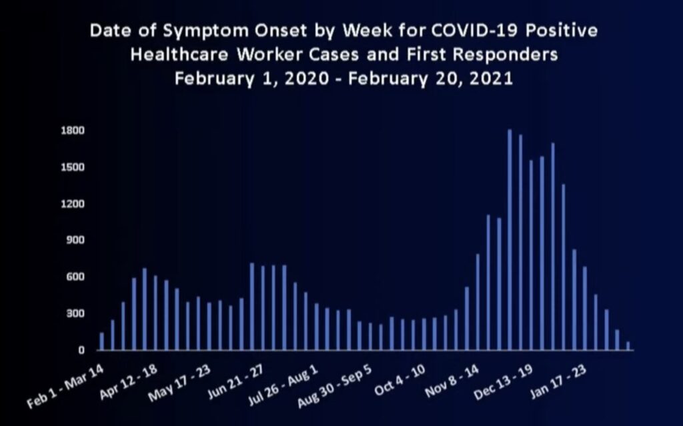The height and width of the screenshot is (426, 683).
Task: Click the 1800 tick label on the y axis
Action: pos(73,131)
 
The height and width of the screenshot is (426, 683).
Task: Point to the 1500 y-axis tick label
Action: pos(73,167)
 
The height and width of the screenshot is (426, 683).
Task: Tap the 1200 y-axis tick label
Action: pos(73,204)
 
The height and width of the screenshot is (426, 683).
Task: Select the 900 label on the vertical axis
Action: pos(75,240)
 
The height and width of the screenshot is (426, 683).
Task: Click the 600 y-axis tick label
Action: pos(75,277)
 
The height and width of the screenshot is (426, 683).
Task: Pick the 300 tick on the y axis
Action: pos(75,313)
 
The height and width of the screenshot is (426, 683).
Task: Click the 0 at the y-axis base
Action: pos(81,350)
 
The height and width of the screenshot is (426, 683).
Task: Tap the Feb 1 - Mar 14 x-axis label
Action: pos(65,387)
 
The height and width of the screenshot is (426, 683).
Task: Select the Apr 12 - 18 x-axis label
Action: pos(128,382)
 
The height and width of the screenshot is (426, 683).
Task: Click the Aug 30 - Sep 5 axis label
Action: pos(334,386)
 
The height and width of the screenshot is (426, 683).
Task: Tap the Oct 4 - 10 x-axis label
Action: pos(400,380)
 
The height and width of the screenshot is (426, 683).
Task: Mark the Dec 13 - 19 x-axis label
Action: pos(503,382)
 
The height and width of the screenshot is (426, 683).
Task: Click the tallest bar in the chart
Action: pos(510,239)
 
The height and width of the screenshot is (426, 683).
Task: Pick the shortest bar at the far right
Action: pos(628,346)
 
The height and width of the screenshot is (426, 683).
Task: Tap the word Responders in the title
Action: pos(505,55)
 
